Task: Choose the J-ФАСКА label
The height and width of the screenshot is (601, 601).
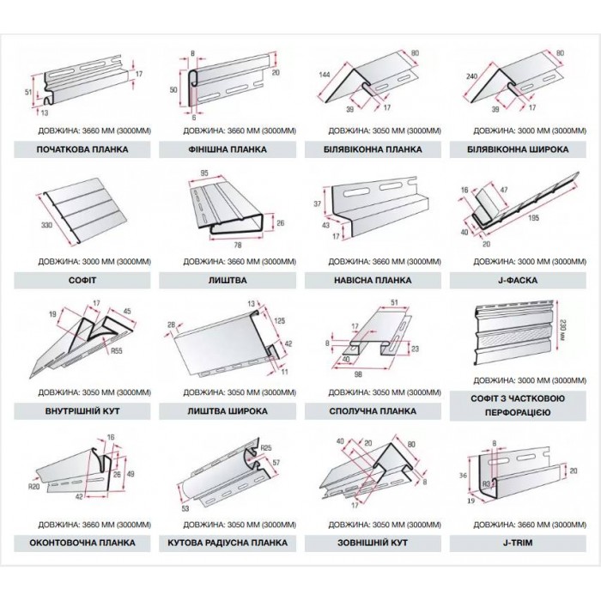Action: pos(517,280)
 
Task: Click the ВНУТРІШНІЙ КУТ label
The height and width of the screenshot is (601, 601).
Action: pos(82,411)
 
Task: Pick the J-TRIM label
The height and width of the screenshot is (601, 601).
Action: pos(517,543)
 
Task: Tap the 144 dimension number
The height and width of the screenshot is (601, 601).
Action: pos(325,76)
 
